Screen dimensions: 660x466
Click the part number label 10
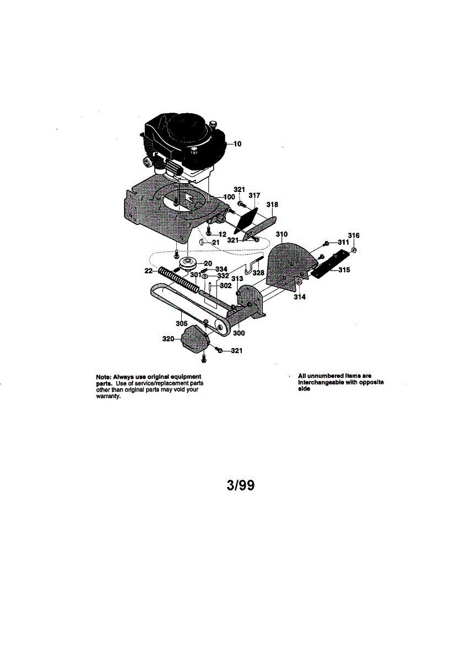tap(238, 145)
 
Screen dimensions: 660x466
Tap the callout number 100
tap(229, 196)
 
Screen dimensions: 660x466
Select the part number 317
tap(254, 195)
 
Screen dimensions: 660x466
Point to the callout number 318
tap(272, 205)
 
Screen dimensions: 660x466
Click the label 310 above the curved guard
tap(282, 234)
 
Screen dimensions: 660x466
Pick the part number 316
tap(354, 235)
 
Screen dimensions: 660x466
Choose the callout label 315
tap(344, 270)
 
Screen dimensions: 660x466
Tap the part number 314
tap(299, 296)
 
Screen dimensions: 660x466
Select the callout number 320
tap(168, 339)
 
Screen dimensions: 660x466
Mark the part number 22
tap(148, 271)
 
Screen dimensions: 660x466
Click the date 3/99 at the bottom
tap(241, 486)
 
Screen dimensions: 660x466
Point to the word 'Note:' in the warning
tap(105, 377)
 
